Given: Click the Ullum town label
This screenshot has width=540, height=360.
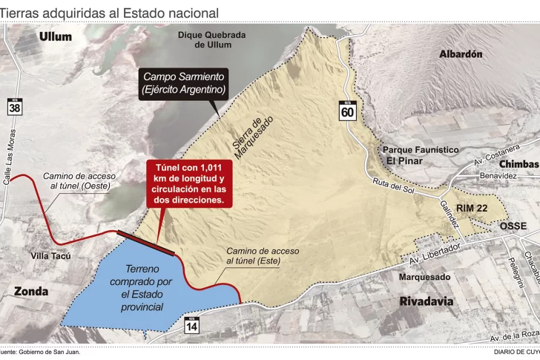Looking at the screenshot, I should (56, 36).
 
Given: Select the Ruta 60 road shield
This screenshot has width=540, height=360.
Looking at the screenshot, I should (347, 109).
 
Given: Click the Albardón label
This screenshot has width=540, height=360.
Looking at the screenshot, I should (460, 54).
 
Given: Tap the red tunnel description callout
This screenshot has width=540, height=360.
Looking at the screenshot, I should (190, 183).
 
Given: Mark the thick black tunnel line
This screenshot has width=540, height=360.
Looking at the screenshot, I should (148, 243).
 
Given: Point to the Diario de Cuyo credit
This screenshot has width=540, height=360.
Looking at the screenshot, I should (516, 352).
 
